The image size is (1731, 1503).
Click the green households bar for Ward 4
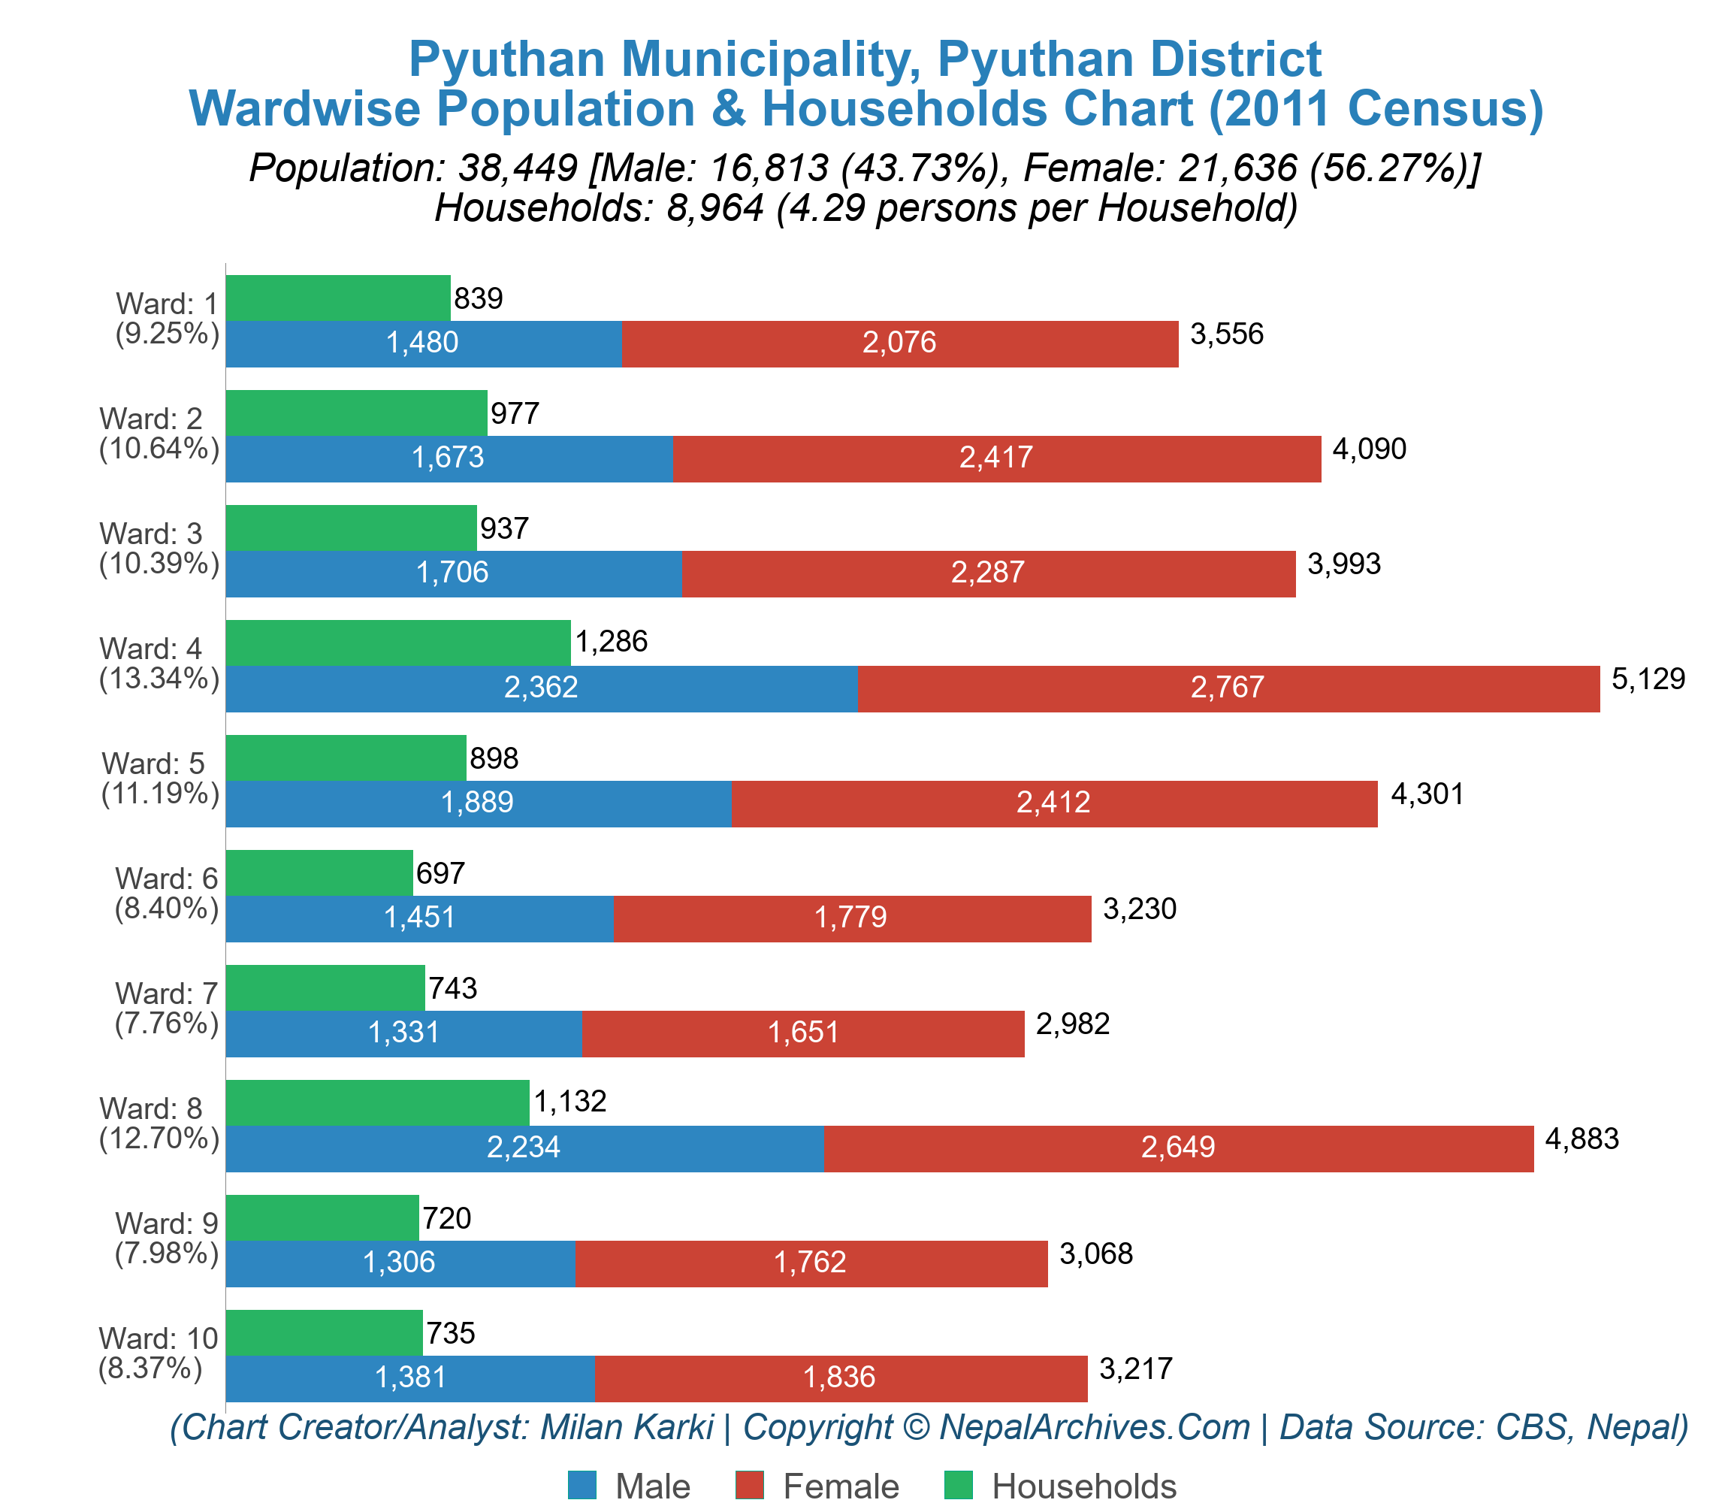click(397, 643)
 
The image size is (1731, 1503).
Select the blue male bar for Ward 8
click(524, 1148)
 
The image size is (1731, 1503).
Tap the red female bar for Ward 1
click(899, 343)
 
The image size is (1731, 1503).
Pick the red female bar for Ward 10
click(841, 1378)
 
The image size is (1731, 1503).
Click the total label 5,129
click(1648, 679)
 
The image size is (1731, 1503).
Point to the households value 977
click(514, 413)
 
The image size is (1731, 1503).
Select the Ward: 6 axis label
click(166, 879)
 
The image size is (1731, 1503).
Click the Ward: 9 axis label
click(166, 1223)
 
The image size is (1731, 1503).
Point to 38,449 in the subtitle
click(518, 168)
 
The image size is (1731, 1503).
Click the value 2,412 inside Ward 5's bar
click(1053, 803)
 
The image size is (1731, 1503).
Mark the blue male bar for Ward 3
click(453, 573)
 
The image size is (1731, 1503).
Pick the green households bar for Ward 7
click(325, 987)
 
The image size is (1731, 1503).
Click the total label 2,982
click(1073, 1024)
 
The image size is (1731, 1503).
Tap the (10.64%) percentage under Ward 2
click(159, 449)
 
